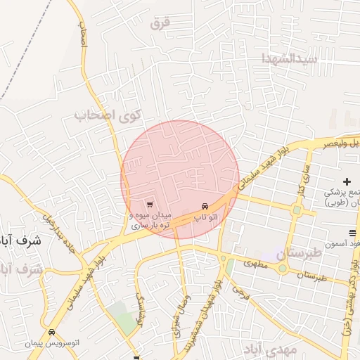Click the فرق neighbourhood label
160,22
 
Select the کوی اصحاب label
108,115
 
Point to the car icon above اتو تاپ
204,206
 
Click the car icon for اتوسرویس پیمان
50,332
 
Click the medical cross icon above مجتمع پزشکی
347,182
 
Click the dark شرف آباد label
20,240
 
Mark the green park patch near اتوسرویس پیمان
124,320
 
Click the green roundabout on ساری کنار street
297,209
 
